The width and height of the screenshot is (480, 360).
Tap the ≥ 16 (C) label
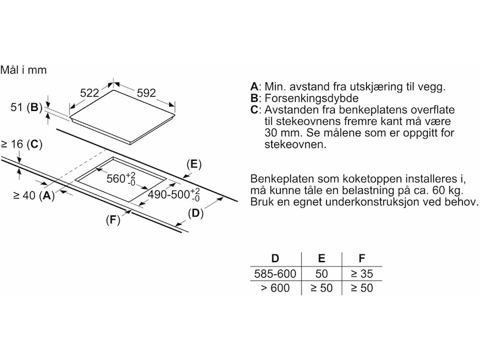[x=22, y=144]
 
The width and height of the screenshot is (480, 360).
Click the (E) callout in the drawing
[x=193, y=164]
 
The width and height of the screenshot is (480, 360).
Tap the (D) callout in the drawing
[x=196, y=213]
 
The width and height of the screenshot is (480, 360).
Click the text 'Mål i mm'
[x=24, y=70]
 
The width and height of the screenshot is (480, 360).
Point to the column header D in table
[x=275, y=259]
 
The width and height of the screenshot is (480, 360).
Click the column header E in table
[x=321, y=259]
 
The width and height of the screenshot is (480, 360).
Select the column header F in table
[x=361, y=259]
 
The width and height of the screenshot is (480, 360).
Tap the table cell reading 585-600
[x=275, y=274]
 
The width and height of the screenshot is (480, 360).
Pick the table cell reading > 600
[x=275, y=289]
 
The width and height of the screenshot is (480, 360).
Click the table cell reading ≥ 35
[x=361, y=274]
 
